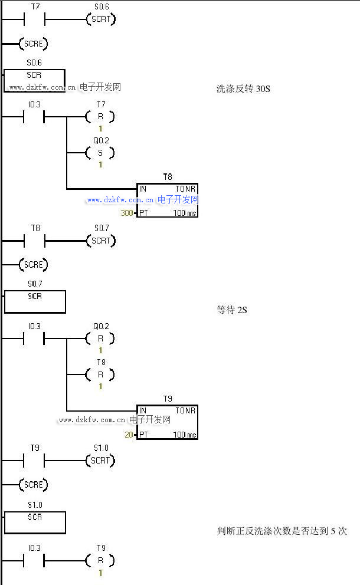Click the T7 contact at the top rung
[x=34, y=19]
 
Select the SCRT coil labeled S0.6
[x=100, y=19]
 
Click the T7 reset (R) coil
[x=100, y=117]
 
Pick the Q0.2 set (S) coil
[x=100, y=153]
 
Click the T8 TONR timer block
[x=167, y=201]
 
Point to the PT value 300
[x=126, y=213]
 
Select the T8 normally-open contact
[x=34, y=241]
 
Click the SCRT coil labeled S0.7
[x=101, y=241]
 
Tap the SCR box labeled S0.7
[x=35, y=301]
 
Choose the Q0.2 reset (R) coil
[x=100, y=338]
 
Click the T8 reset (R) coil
[x=100, y=374]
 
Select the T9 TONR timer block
[x=167, y=422]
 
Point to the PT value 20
[x=129, y=435]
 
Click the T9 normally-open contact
[x=34, y=461]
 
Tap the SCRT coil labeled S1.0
[x=101, y=461]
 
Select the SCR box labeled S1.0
[x=35, y=522]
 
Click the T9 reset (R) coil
[x=100, y=560]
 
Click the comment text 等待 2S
[x=232, y=310]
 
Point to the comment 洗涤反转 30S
[x=243, y=89]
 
